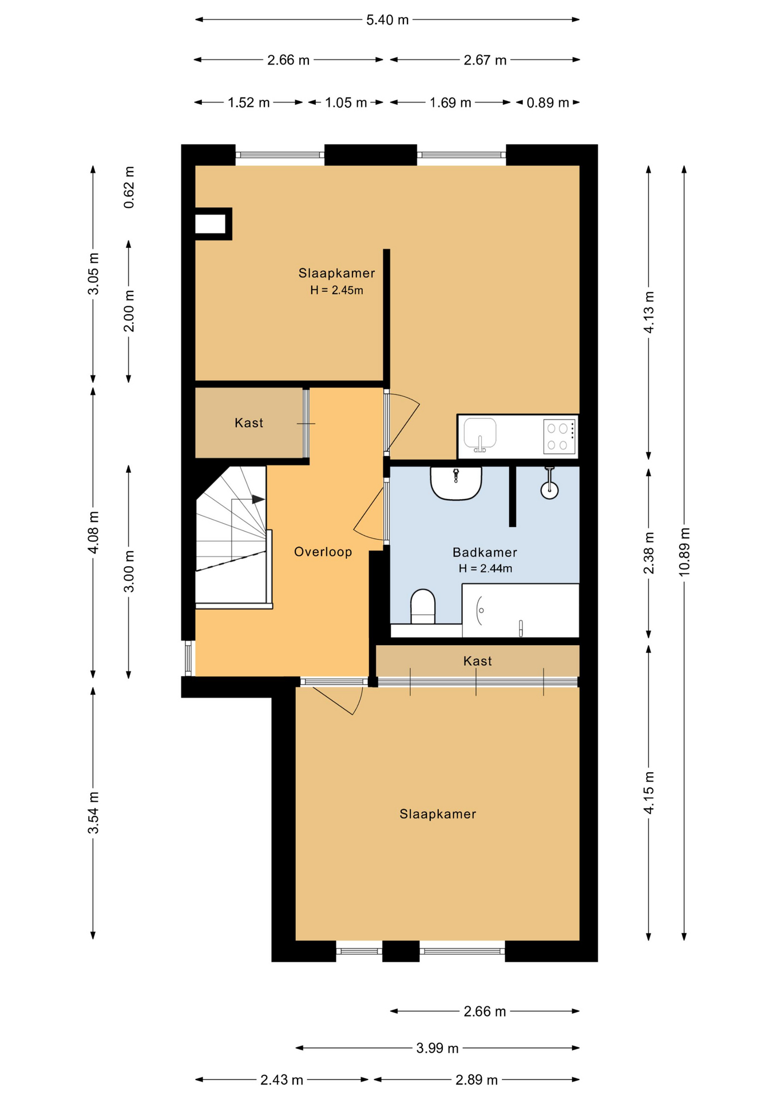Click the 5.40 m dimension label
pos(387,20)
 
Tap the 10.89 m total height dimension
pos(684,552)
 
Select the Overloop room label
pos(323,552)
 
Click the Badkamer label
pos(485,552)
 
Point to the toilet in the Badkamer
pos(423,606)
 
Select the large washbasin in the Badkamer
pos(456,483)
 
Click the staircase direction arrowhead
pos(259,499)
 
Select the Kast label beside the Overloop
pos(249,423)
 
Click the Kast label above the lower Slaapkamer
pos(477,661)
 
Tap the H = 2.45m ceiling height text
pos(336,290)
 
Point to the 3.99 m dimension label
pos(437,1048)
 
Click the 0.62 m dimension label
pos(129,187)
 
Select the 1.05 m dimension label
pos(346,103)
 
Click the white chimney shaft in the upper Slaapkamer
pos(211,224)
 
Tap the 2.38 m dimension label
pos(648,552)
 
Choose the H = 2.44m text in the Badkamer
pos(485,568)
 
